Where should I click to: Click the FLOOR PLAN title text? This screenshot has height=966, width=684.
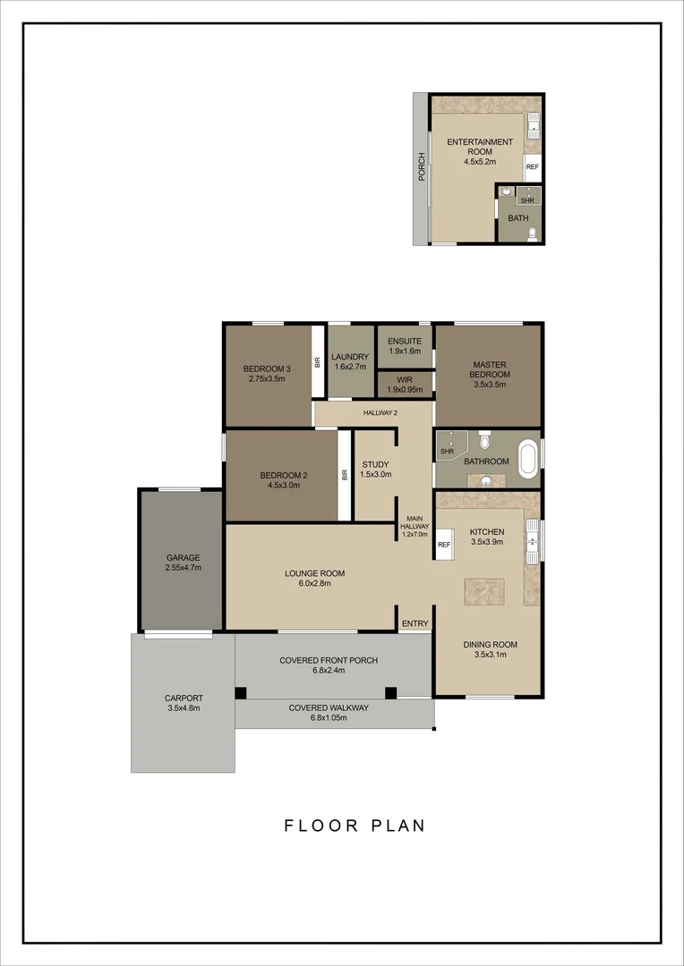pyautogui.click(x=355, y=826)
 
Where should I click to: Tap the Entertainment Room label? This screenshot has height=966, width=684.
pyautogui.click(x=480, y=147)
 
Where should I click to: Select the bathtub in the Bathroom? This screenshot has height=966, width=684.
pyautogui.click(x=528, y=457)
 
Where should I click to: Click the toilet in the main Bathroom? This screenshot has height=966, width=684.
pyautogui.click(x=484, y=440)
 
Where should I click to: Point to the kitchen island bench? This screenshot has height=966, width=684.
pyautogui.click(x=483, y=592)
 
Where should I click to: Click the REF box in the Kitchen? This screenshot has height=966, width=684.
pyautogui.click(x=444, y=544)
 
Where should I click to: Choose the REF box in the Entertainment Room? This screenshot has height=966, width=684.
pyautogui.click(x=533, y=167)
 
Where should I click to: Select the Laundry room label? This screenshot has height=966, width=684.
pyautogui.click(x=350, y=356)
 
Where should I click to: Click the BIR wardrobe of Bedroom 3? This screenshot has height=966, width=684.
pyautogui.click(x=317, y=362)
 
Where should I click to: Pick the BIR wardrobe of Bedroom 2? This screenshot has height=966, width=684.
pyautogui.click(x=344, y=475)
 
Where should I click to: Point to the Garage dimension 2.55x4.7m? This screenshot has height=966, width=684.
pyautogui.click(x=183, y=568)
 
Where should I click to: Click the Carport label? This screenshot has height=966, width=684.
pyautogui.click(x=184, y=699)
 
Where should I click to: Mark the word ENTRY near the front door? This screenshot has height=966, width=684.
pyautogui.click(x=415, y=623)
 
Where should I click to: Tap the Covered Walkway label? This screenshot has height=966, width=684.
pyautogui.click(x=329, y=708)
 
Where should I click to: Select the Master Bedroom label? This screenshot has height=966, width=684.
pyautogui.click(x=490, y=369)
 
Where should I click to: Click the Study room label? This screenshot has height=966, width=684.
pyautogui.click(x=375, y=464)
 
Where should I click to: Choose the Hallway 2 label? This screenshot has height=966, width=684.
pyautogui.click(x=380, y=412)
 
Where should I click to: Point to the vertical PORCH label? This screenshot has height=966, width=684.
pyautogui.click(x=421, y=167)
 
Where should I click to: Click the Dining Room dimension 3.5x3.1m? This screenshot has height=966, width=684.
pyautogui.click(x=490, y=655)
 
